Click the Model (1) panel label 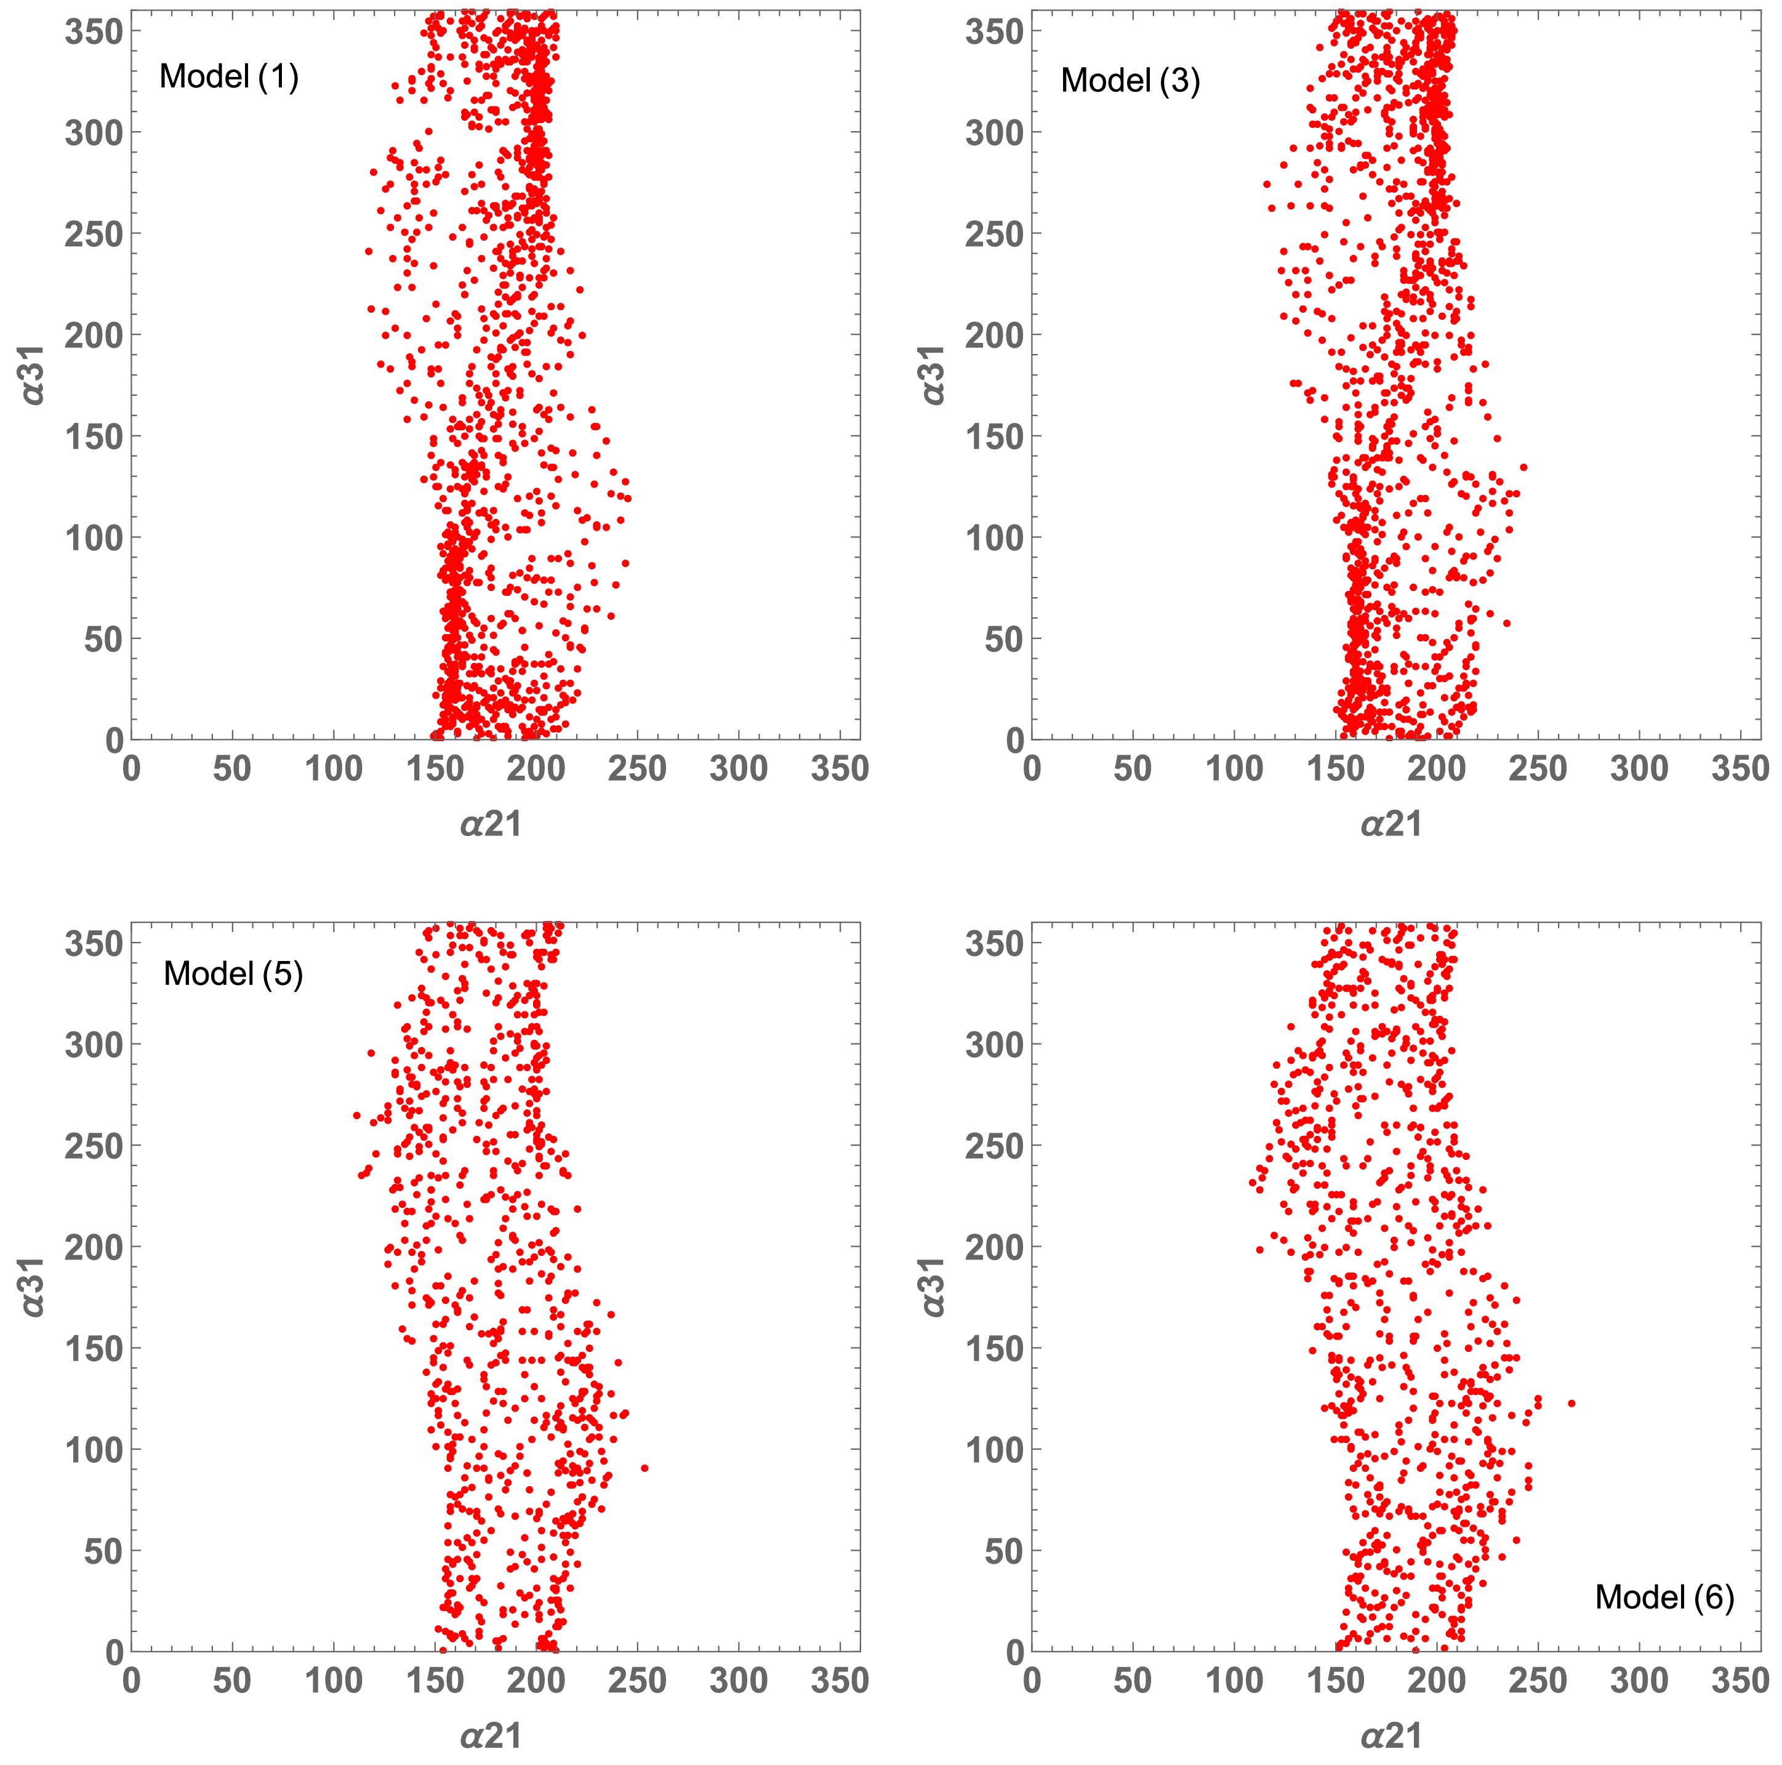click(x=229, y=76)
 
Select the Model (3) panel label click(x=1130, y=81)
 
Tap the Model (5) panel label click(x=233, y=973)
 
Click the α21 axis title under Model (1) click(x=491, y=824)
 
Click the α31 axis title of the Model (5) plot click(x=33, y=1287)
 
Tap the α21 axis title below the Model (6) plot click(x=1391, y=1735)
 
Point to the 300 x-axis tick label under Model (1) click(x=738, y=768)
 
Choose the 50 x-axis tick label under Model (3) click(x=1133, y=768)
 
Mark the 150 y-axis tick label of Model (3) click(x=994, y=436)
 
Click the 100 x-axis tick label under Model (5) click(x=333, y=1680)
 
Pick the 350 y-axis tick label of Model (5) click(x=93, y=944)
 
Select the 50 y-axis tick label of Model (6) click(x=1003, y=1551)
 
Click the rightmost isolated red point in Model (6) click(x=1571, y=1404)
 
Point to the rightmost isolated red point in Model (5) click(x=644, y=1468)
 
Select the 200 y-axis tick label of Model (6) click(x=994, y=1247)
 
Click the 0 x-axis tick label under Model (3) click(x=1032, y=768)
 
